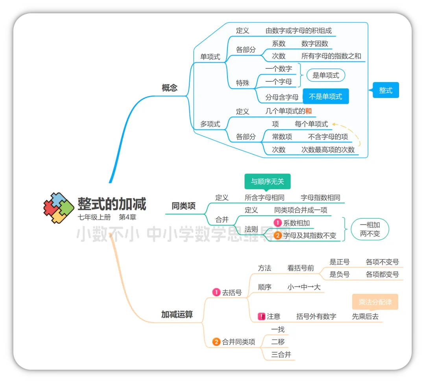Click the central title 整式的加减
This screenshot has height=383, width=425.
pyautogui.click(x=112, y=204)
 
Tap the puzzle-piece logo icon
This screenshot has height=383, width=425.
pyautogui.click(x=59, y=208)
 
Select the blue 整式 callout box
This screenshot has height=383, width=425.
pyautogui.click(x=386, y=90)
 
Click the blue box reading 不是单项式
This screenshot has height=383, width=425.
pyautogui.click(x=325, y=96)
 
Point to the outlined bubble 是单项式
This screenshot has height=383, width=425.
pyautogui.click(x=325, y=75)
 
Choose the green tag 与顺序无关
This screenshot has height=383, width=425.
pyautogui.click(x=267, y=181)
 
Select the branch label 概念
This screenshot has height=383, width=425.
pyautogui.click(x=170, y=88)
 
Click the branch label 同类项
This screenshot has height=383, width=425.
pyautogui.click(x=183, y=206)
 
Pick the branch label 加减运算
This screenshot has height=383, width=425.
pyautogui.click(x=177, y=314)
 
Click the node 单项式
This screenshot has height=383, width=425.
pyautogui.click(x=210, y=57)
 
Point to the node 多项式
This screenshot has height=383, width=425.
pyautogui.click(x=210, y=124)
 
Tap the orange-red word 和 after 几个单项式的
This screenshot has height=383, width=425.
pyautogui.click(x=308, y=111)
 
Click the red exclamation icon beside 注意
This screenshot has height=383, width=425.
pyautogui.click(x=261, y=316)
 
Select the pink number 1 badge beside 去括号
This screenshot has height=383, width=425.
pyautogui.click(x=216, y=292)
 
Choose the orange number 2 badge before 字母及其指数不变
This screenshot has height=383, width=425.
pyautogui.click(x=278, y=236)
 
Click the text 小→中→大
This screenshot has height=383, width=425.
pyautogui.click(x=304, y=287)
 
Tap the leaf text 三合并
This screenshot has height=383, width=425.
pyautogui.click(x=281, y=354)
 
